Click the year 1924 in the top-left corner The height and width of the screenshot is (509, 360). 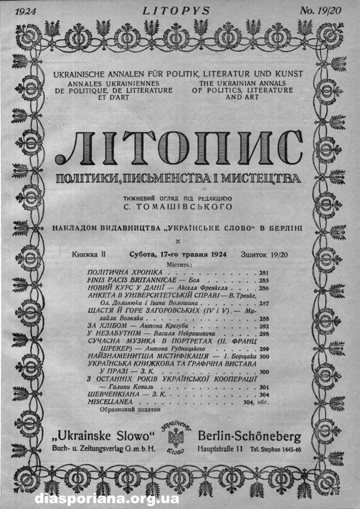click(x=27, y=10)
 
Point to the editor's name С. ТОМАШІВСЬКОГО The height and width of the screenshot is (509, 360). click(x=178, y=207)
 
